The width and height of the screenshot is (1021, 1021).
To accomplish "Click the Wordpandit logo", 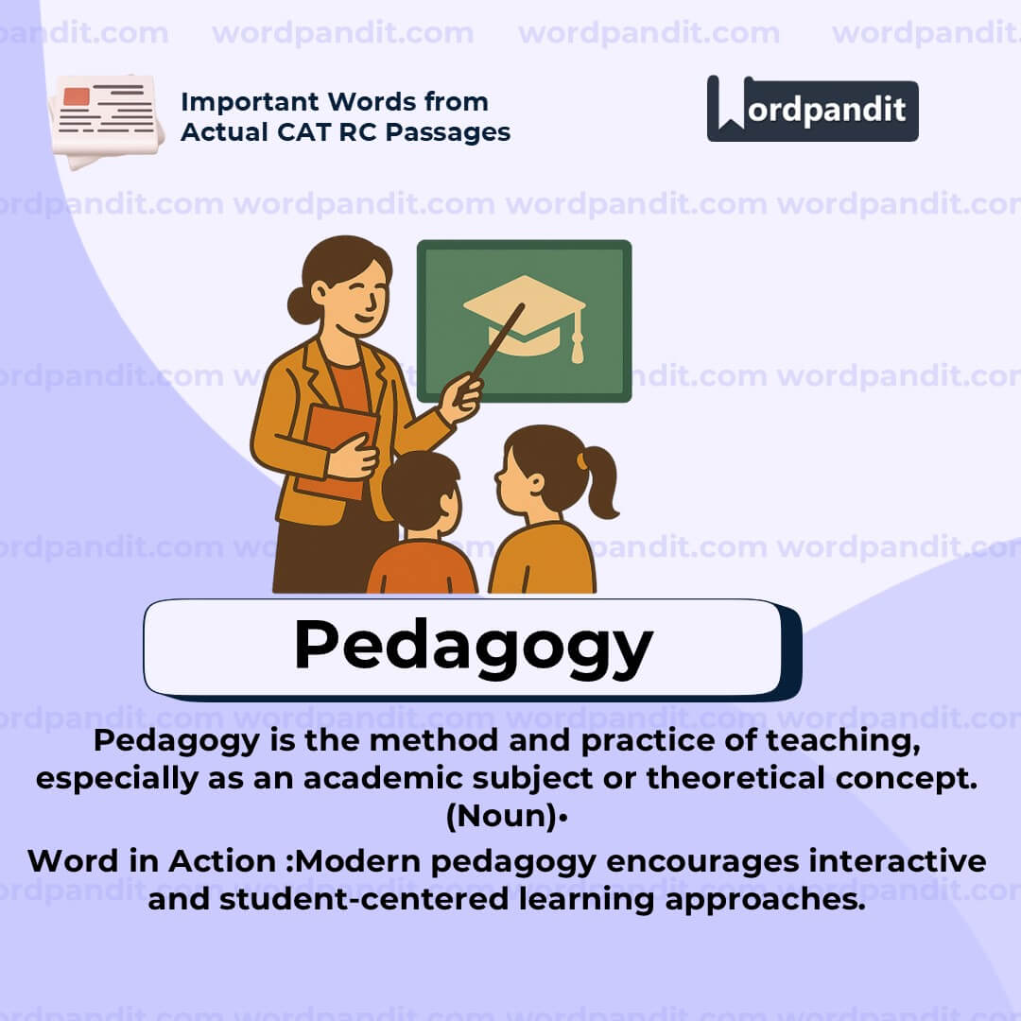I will click(812, 109).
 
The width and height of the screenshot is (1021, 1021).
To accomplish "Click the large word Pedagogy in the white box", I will click(473, 647).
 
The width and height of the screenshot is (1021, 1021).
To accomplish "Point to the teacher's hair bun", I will click(300, 304).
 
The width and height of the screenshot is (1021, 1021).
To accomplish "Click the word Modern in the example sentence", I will click(364, 861).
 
